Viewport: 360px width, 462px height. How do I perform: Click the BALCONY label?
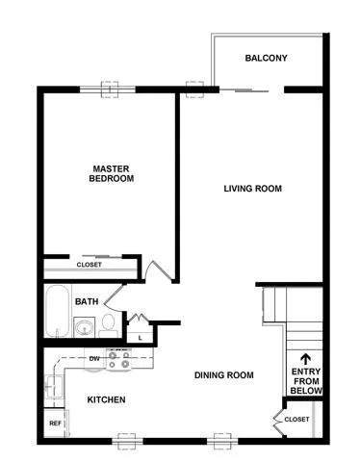266,58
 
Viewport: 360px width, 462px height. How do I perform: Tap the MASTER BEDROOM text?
112,173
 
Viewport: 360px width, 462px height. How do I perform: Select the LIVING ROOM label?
253,189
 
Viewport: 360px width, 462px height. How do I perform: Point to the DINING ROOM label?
224,374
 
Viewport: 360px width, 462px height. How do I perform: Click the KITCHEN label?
106,399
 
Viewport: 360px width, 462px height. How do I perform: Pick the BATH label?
87,301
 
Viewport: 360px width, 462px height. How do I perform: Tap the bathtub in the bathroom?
57,311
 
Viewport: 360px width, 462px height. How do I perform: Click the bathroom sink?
85,327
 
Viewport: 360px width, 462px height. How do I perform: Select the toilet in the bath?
108,325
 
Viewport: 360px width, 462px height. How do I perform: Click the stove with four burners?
118,359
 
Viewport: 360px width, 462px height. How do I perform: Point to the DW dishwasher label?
94,359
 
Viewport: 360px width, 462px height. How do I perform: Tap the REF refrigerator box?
55,423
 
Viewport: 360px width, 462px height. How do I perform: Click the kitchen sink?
54,387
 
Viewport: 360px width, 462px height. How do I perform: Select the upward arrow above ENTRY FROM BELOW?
305,360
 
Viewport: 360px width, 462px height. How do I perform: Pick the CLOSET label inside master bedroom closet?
90,265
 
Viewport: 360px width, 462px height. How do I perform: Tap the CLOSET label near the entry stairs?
296,420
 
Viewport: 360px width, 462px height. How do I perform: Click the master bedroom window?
107,90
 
